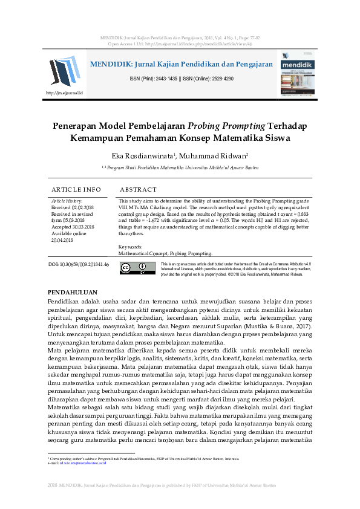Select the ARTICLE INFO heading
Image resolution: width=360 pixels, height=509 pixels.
pyautogui.click(x=76, y=189)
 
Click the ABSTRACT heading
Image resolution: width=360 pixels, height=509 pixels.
pyautogui.click(x=138, y=189)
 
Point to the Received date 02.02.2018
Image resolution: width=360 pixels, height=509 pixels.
pyautogui.click(x=87, y=207)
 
